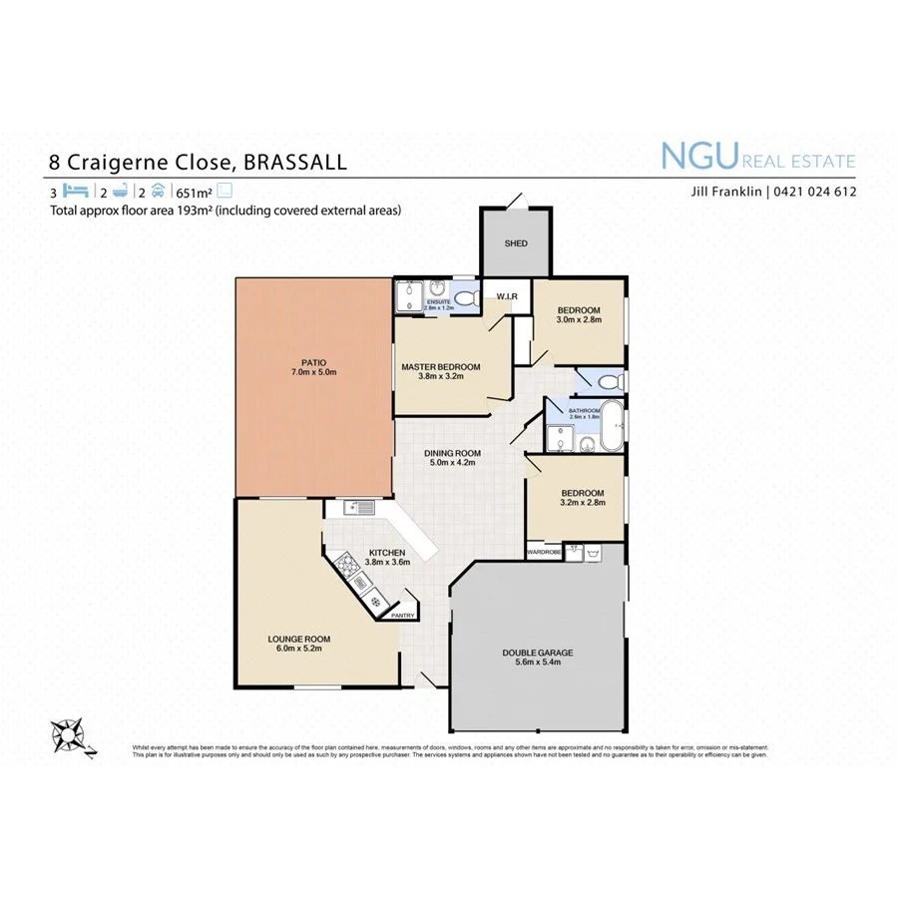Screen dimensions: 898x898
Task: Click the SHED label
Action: pos(515,243)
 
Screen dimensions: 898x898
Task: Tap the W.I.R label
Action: pos(505,296)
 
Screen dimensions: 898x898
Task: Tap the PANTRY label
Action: pos(403,616)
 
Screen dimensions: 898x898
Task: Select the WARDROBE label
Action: pos(544,550)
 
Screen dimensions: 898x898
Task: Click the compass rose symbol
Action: pos(69,736)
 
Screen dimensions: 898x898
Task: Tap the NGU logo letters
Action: pos(698,157)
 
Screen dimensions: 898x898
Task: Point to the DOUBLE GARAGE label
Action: pos(537,654)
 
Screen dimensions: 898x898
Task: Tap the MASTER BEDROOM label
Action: pos(440,367)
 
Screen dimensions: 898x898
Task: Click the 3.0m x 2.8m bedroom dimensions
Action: pos(578,320)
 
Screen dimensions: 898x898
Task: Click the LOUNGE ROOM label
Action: pos(298,639)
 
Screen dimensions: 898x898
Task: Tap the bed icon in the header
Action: pos(77,191)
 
